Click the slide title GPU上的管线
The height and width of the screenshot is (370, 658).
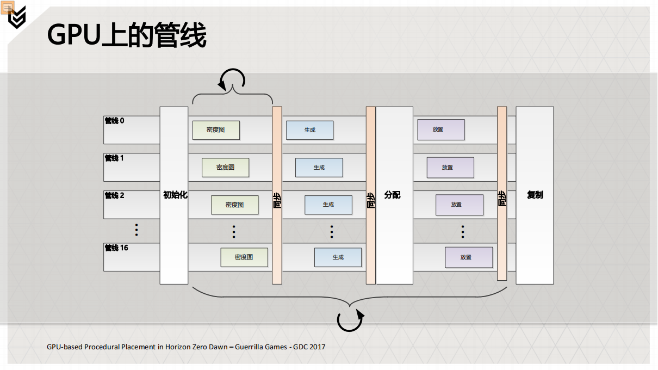pyautogui.click(x=127, y=36)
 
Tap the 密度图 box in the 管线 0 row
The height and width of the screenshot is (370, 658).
pyautogui.click(x=216, y=130)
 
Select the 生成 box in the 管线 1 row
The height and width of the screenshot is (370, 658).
pyautogui.click(x=319, y=168)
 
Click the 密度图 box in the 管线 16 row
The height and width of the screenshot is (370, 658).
pyautogui.click(x=244, y=257)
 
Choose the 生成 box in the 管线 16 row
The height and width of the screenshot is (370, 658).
pyautogui.click(x=338, y=257)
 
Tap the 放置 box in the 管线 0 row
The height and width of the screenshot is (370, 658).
pyautogui.click(x=441, y=129)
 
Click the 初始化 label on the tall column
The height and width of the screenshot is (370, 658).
pyautogui.click(x=175, y=195)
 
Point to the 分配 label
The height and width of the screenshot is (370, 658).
pyautogui.click(x=392, y=195)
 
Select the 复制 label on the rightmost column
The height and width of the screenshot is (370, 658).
pyautogui.click(x=535, y=195)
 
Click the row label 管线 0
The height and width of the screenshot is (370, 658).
pyautogui.click(x=114, y=121)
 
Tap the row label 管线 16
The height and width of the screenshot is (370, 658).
pyautogui.click(x=116, y=248)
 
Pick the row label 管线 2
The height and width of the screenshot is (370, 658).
pyautogui.click(x=114, y=195)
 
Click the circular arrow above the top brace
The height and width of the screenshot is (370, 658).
pyautogui.click(x=232, y=80)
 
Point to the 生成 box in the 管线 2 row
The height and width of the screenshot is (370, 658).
pyautogui.click(x=328, y=205)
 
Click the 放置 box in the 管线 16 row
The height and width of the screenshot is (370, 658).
pyautogui.click(x=469, y=257)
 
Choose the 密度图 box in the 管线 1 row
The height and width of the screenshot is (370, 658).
pyautogui.click(x=225, y=168)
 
